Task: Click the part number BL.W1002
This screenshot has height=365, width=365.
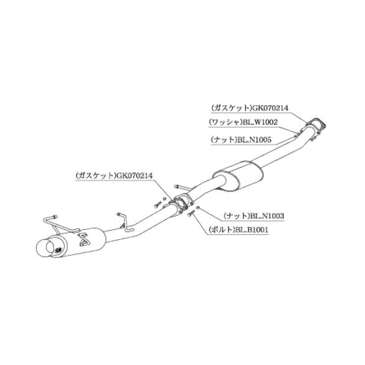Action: point(260,122)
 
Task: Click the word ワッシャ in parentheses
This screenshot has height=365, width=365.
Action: point(225,122)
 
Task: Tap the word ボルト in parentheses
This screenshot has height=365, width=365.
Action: point(222,230)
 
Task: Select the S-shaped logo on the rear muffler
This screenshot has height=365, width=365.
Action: point(84,239)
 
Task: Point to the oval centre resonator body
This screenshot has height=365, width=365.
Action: point(238,176)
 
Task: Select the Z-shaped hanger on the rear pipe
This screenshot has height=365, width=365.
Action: point(125,222)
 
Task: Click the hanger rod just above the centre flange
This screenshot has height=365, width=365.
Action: point(183,187)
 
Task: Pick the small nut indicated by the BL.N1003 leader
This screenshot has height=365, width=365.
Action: point(197,207)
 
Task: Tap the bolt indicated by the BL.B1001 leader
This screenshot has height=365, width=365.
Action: point(191,213)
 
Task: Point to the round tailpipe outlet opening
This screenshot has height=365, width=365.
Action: point(52,247)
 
